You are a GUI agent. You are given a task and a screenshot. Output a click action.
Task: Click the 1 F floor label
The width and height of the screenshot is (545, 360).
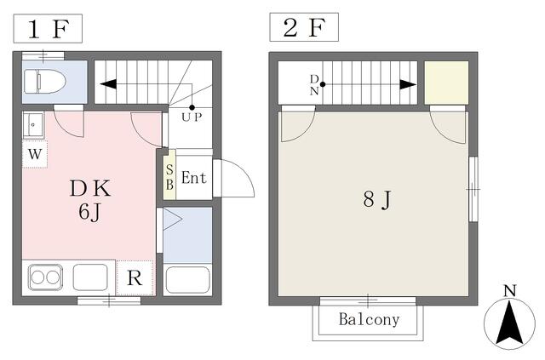[48, 29]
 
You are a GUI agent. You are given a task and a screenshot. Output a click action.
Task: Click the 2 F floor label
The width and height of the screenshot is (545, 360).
[304, 28]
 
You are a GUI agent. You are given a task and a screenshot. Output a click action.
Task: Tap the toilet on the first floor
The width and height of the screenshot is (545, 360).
[45, 82]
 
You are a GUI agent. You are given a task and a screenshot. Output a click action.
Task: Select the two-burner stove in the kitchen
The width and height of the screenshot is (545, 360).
[45, 277]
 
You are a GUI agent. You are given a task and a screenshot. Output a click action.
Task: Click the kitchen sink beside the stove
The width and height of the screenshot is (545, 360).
[90, 277]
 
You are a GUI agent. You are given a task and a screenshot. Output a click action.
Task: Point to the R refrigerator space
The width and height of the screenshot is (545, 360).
[135, 277]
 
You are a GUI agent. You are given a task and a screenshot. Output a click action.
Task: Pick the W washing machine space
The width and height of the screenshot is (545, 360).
[35, 153]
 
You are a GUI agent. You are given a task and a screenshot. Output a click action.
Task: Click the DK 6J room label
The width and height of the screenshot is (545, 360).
[90, 200]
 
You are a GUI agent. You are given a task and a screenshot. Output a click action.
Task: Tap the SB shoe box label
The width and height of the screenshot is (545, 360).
[169, 177]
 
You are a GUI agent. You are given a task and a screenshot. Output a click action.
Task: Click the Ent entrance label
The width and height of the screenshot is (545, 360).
[194, 178]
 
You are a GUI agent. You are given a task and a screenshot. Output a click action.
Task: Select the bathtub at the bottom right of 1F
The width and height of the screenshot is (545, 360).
[187, 280]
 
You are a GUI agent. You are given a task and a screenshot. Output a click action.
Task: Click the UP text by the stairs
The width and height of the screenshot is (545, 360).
[192, 117]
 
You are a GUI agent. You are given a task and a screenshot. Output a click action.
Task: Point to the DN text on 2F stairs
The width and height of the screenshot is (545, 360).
[314, 85]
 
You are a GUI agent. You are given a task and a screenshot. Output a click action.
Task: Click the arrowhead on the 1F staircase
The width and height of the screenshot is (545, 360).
[108, 84]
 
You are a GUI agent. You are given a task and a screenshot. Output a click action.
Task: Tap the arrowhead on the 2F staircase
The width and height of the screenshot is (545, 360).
[408, 84]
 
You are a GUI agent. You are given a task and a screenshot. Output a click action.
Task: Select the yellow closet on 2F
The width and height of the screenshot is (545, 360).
[446, 83]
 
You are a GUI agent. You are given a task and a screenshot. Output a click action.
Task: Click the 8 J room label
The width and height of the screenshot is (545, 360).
[377, 200]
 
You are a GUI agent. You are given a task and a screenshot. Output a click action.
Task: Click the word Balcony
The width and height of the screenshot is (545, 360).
[369, 319]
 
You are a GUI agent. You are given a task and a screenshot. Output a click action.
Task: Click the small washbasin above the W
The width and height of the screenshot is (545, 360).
[33, 125]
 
